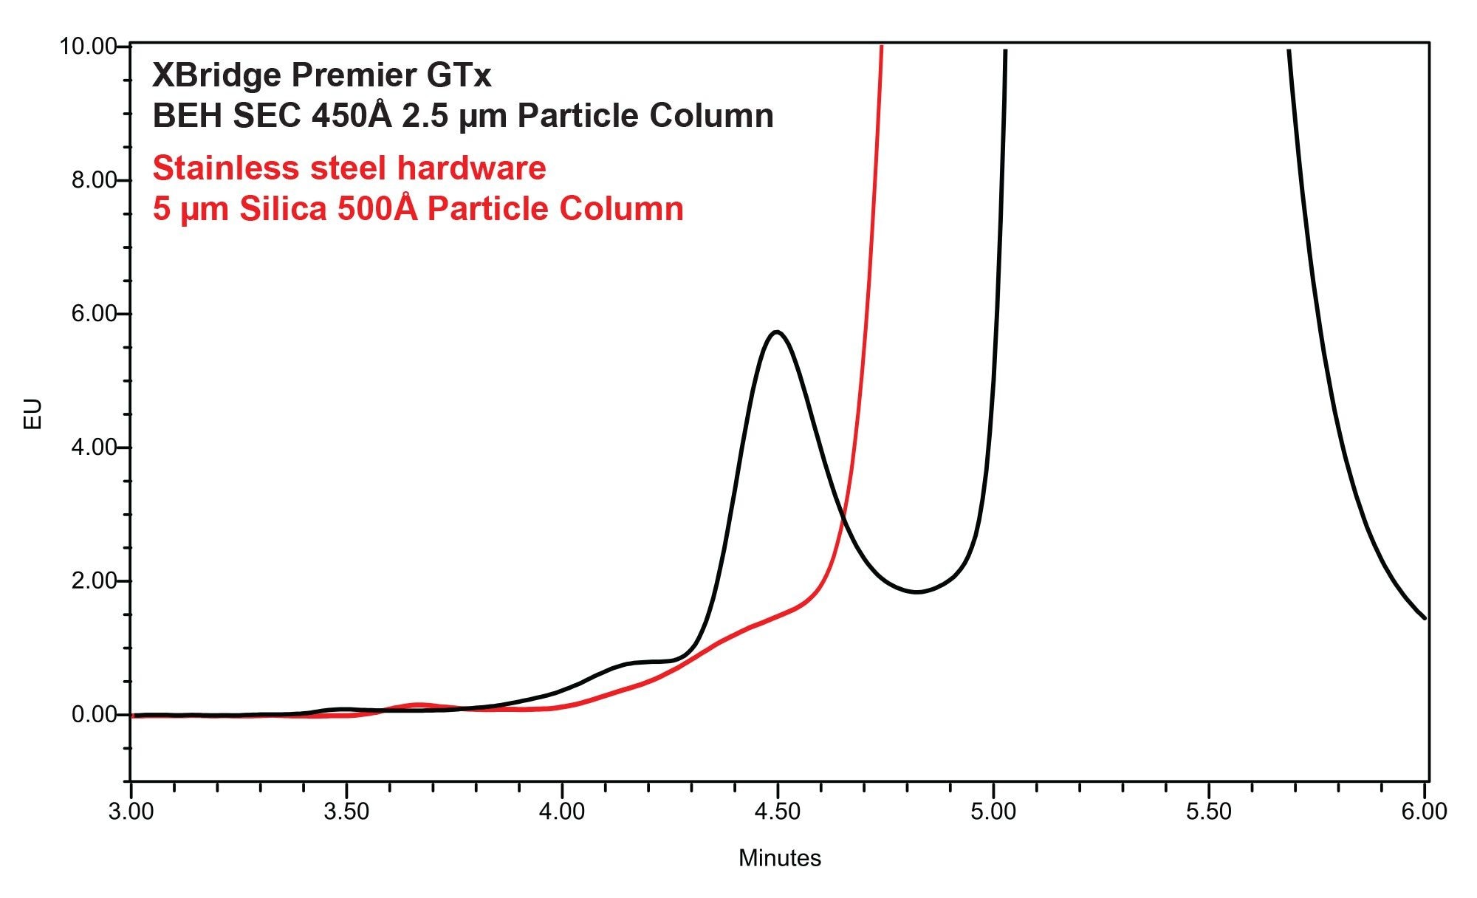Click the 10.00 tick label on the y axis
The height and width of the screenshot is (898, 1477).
[x=88, y=47]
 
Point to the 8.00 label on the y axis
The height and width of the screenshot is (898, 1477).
[x=94, y=180]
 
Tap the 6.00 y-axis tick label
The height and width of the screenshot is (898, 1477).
[x=94, y=314]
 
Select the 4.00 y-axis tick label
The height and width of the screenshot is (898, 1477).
[x=94, y=448]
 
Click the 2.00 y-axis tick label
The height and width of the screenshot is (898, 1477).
[x=94, y=581]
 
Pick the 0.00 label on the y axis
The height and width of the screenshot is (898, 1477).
[x=94, y=715]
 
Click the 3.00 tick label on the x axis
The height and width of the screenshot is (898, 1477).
[x=131, y=812]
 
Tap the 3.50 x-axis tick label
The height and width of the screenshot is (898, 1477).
[x=346, y=812]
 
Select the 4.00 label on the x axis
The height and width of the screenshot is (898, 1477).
[x=562, y=812]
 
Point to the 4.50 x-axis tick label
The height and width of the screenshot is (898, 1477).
[x=778, y=812]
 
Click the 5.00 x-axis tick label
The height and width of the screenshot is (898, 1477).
[x=993, y=812]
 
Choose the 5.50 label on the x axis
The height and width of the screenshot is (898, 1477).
[x=1209, y=812]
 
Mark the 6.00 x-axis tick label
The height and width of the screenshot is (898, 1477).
[x=1425, y=812]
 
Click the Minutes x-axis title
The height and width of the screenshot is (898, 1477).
[x=780, y=858]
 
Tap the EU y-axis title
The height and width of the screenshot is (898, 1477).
[x=33, y=414]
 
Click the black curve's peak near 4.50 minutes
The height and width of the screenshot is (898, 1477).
[x=776, y=332]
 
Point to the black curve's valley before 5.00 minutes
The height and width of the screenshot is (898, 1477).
[x=916, y=592]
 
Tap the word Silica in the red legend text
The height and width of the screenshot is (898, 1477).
[x=284, y=209]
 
